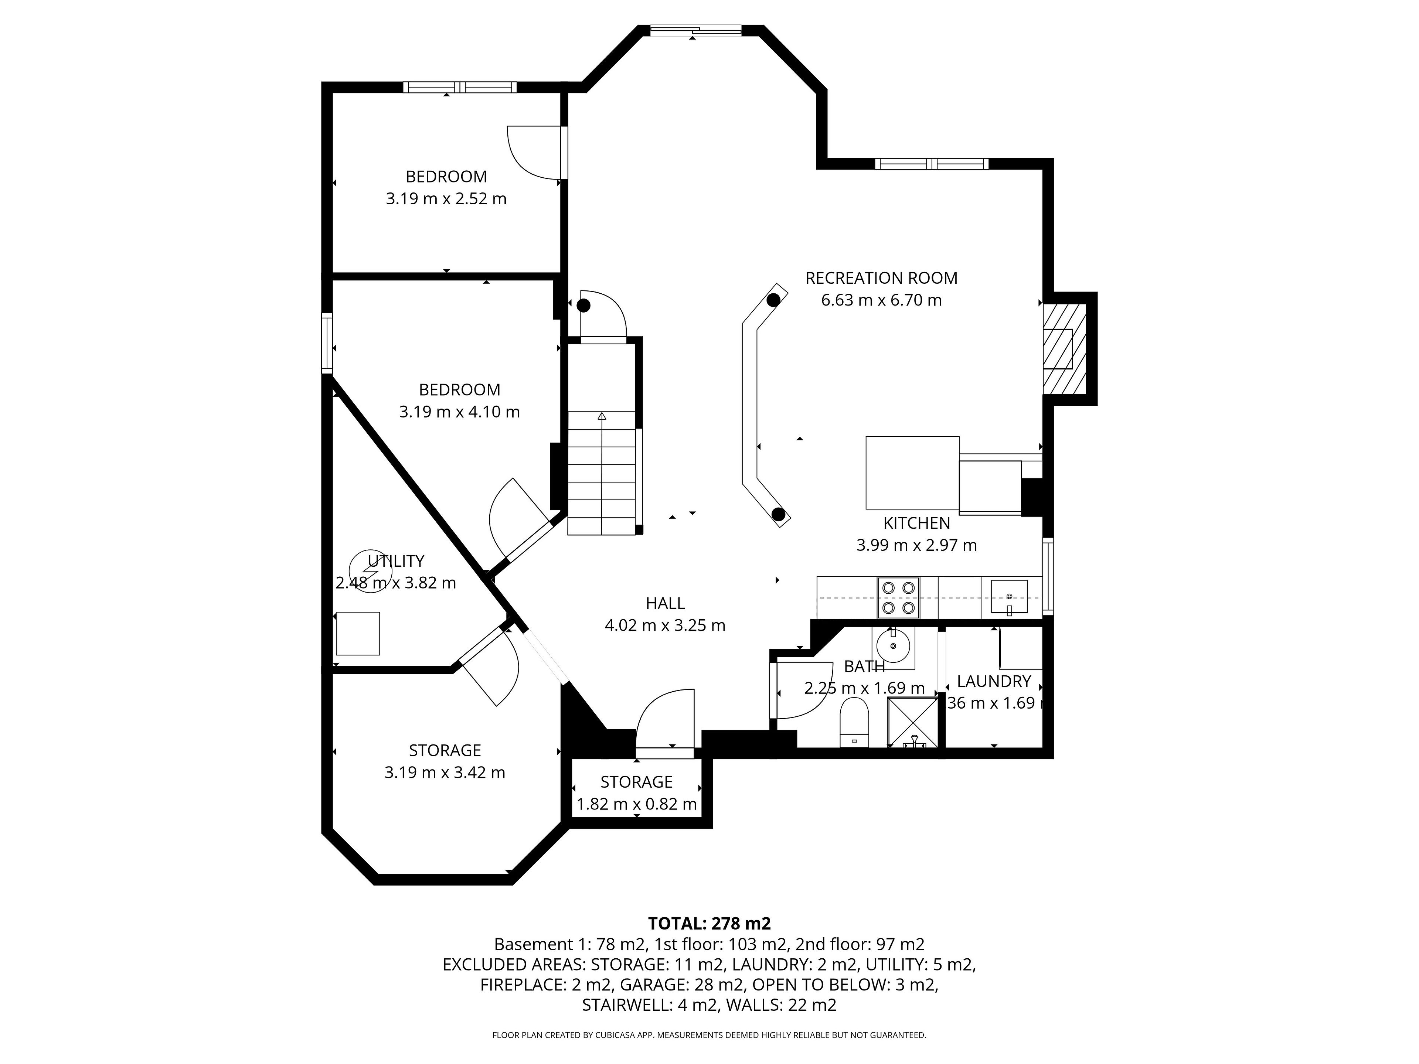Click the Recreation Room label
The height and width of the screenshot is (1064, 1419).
click(881, 278)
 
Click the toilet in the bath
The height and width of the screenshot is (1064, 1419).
click(854, 722)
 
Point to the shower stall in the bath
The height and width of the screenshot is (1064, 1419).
click(912, 722)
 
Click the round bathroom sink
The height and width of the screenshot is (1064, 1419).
click(893, 644)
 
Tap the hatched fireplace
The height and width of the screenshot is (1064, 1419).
click(1064, 348)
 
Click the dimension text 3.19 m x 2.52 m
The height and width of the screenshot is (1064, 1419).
click(446, 199)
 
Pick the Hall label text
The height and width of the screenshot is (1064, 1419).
click(665, 603)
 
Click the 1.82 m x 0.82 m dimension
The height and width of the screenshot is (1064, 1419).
click(636, 804)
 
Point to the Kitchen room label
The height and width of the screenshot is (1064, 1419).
click(917, 524)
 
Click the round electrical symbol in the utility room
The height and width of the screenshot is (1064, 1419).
click(370, 571)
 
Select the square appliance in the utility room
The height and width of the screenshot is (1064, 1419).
click(358, 633)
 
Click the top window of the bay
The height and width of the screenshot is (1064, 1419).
click(696, 30)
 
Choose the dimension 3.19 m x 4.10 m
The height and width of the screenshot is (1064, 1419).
click(459, 412)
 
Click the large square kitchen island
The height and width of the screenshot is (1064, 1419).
click(912, 473)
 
